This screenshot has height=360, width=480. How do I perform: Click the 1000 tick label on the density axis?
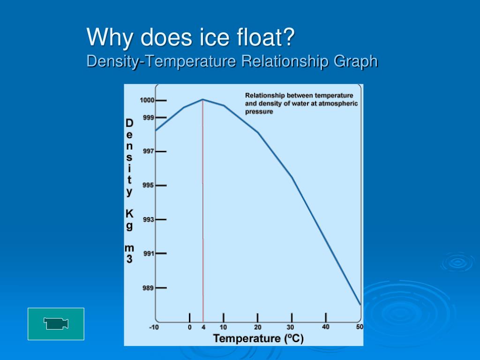147,100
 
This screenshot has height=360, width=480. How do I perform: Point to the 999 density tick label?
149,117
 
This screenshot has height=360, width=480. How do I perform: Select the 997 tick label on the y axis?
149,151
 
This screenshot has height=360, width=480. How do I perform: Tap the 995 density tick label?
149,185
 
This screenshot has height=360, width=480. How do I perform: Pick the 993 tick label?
149,219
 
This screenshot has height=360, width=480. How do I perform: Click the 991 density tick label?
149,254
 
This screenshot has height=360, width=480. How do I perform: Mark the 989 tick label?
149,288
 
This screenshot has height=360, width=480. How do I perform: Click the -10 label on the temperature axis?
154,328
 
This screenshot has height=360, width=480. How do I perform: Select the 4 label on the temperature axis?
203,328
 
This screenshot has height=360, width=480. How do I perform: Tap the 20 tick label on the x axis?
258,328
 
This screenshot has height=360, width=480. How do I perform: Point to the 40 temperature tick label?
326,327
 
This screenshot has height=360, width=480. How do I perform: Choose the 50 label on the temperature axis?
360,327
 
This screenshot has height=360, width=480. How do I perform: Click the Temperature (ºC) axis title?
258,338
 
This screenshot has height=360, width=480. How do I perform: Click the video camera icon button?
56,323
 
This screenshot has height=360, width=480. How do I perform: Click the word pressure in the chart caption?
259,112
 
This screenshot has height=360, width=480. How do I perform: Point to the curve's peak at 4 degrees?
202,99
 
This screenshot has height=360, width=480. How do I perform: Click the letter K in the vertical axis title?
129,214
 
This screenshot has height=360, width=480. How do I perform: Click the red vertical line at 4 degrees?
203,211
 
